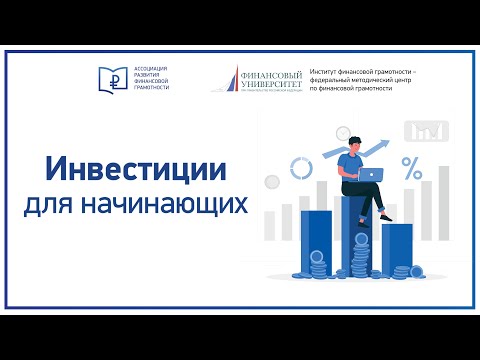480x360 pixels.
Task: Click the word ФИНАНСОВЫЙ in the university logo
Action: [272, 72]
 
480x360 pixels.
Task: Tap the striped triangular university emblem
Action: [231, 79]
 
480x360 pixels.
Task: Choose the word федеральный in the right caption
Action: [335, 80]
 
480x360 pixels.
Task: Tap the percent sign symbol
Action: [410, 165]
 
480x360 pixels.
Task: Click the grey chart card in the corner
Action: [427, 131]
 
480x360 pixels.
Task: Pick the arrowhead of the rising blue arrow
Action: [386, 145]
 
